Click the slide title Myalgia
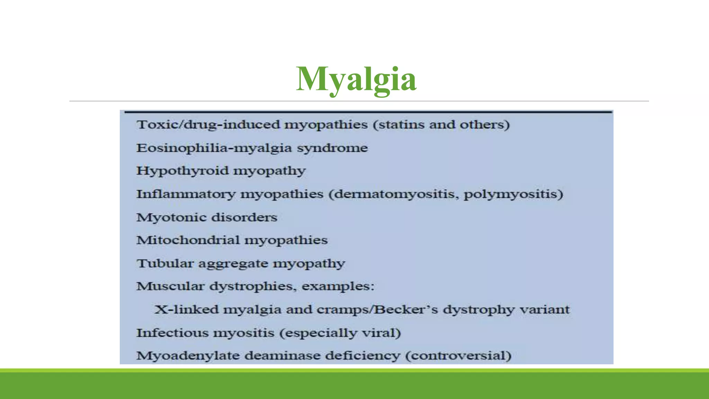pos(356,79)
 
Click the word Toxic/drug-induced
pos(208,125)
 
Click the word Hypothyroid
pos(182,171)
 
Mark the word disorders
pos(244,218)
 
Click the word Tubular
pos(165,264)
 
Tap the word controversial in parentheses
pos(458,356)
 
